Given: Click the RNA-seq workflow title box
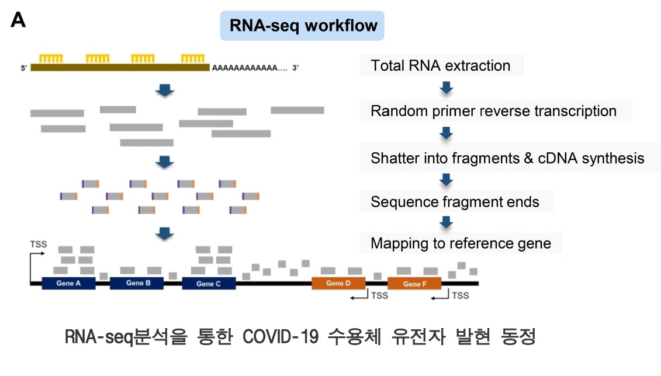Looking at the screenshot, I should [x=302, y=26].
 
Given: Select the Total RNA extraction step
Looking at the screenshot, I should [x=440, y=66].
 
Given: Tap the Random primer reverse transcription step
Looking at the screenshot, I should [x=493, y=111].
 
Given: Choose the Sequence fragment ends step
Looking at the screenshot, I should [x=455, y=203].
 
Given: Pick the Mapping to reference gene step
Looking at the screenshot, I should [x=461, y=243].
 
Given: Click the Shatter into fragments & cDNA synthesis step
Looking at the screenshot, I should [x=507, y=158].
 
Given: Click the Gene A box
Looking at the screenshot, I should [x=68, y=284].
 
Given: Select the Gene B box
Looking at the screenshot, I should [x=136, y=284].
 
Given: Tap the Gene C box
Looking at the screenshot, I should [x=209, y=284].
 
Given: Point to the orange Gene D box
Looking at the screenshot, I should [x=338, y=284].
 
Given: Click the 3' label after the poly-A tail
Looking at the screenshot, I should [x=296, y=68].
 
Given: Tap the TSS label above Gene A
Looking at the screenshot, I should [x=38, y=245].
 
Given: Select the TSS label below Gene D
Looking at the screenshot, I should [x=379, y=296].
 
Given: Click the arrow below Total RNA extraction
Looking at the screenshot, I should [x=447, y=88].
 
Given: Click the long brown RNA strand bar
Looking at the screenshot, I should [x=120, y=68].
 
